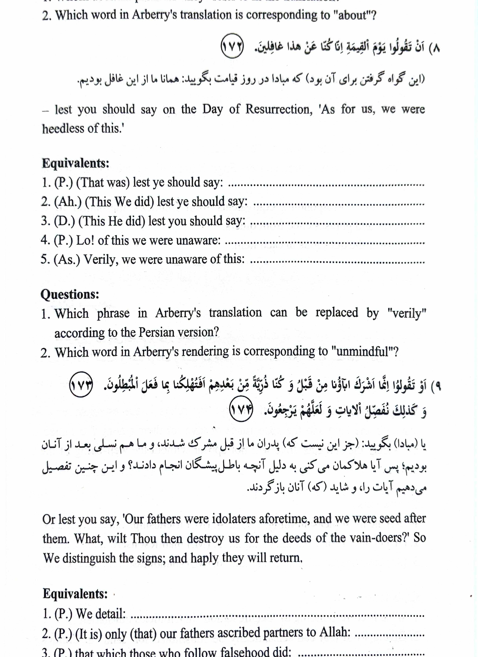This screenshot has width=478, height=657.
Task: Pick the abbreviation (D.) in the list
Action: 64,221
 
